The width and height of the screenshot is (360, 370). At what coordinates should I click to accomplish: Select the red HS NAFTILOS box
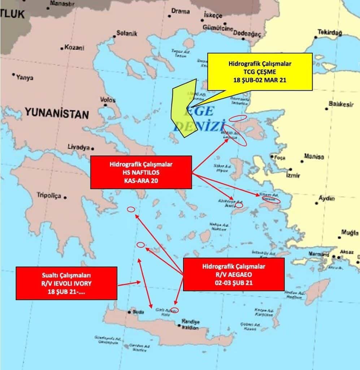(x=141, y=172)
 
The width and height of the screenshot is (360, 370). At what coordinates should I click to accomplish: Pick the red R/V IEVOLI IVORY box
(x=66, y=283)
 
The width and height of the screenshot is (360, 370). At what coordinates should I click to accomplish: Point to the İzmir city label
(x=293, y=176)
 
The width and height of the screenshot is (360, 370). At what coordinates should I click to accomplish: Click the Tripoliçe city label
(x=49, y=195)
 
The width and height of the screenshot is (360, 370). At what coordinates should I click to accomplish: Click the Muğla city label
(x=350, y=233)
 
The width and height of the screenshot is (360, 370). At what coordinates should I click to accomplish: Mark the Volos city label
(x=108, y=100)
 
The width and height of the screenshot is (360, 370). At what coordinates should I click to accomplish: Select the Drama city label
(x=180, y=12)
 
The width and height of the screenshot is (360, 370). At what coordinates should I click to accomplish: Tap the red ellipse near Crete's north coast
(x=174, y=310)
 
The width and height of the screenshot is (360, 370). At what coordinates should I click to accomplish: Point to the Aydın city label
(x=326, y=198)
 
